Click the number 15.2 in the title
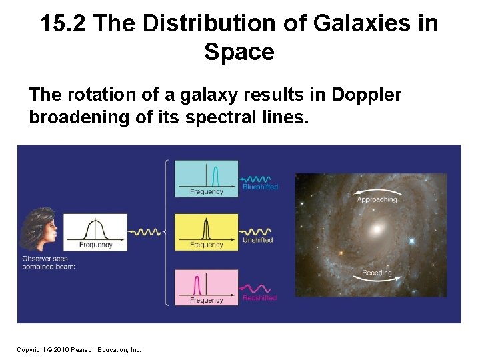(x=63, y=23)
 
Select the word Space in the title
(x=239, y=51)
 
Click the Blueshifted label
(x=260, y=187)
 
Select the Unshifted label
(x=258, y=240)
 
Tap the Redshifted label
(x=259, y=298)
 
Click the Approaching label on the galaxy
(x=377, y=199)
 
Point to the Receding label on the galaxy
(x=377, y=273)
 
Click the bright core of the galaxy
(x=378, y=229)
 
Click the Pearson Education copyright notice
(x=79, y=349)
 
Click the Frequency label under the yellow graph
(x=206, y=245)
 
